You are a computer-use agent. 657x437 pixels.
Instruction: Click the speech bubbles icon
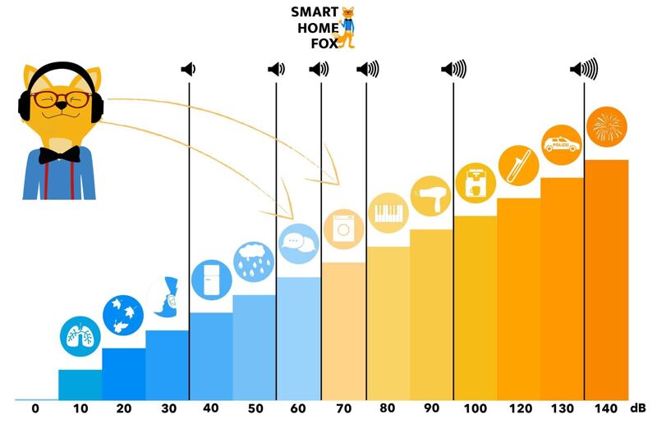298,243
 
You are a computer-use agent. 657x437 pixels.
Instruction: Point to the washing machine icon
342,228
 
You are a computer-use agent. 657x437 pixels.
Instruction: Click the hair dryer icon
431,196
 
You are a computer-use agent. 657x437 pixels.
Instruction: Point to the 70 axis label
342,408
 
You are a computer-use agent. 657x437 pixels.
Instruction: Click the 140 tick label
606,408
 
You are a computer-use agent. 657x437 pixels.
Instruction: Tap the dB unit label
638,407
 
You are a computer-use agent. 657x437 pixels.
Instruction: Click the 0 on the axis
35,408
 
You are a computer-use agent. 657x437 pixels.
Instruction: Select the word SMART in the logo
314,12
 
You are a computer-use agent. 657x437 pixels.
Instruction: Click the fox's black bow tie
60,154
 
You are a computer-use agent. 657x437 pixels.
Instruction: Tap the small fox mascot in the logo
349,26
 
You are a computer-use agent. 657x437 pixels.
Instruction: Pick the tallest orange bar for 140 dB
606,279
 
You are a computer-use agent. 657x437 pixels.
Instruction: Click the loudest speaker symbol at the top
585,70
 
